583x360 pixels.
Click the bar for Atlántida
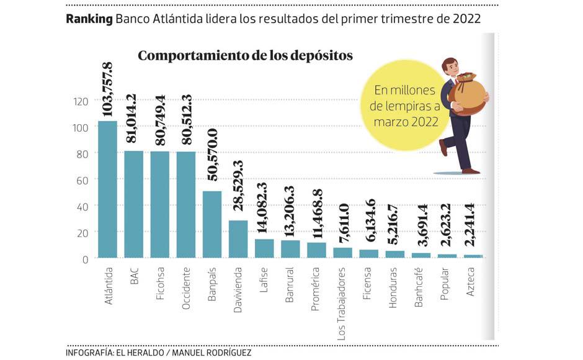pos(107,189)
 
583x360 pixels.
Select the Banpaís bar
pos(212,224)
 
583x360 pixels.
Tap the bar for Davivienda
pos(238,239)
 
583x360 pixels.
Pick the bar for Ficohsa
pos(159,204)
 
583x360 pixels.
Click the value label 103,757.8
pos(107,90)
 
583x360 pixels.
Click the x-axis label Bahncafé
pos(421,287)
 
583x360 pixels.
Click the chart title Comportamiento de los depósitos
pos(245,56)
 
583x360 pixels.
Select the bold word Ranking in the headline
pos(89,19)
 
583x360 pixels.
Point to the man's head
pos(450,66)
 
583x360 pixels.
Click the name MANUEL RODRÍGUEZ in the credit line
pos(211,353)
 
